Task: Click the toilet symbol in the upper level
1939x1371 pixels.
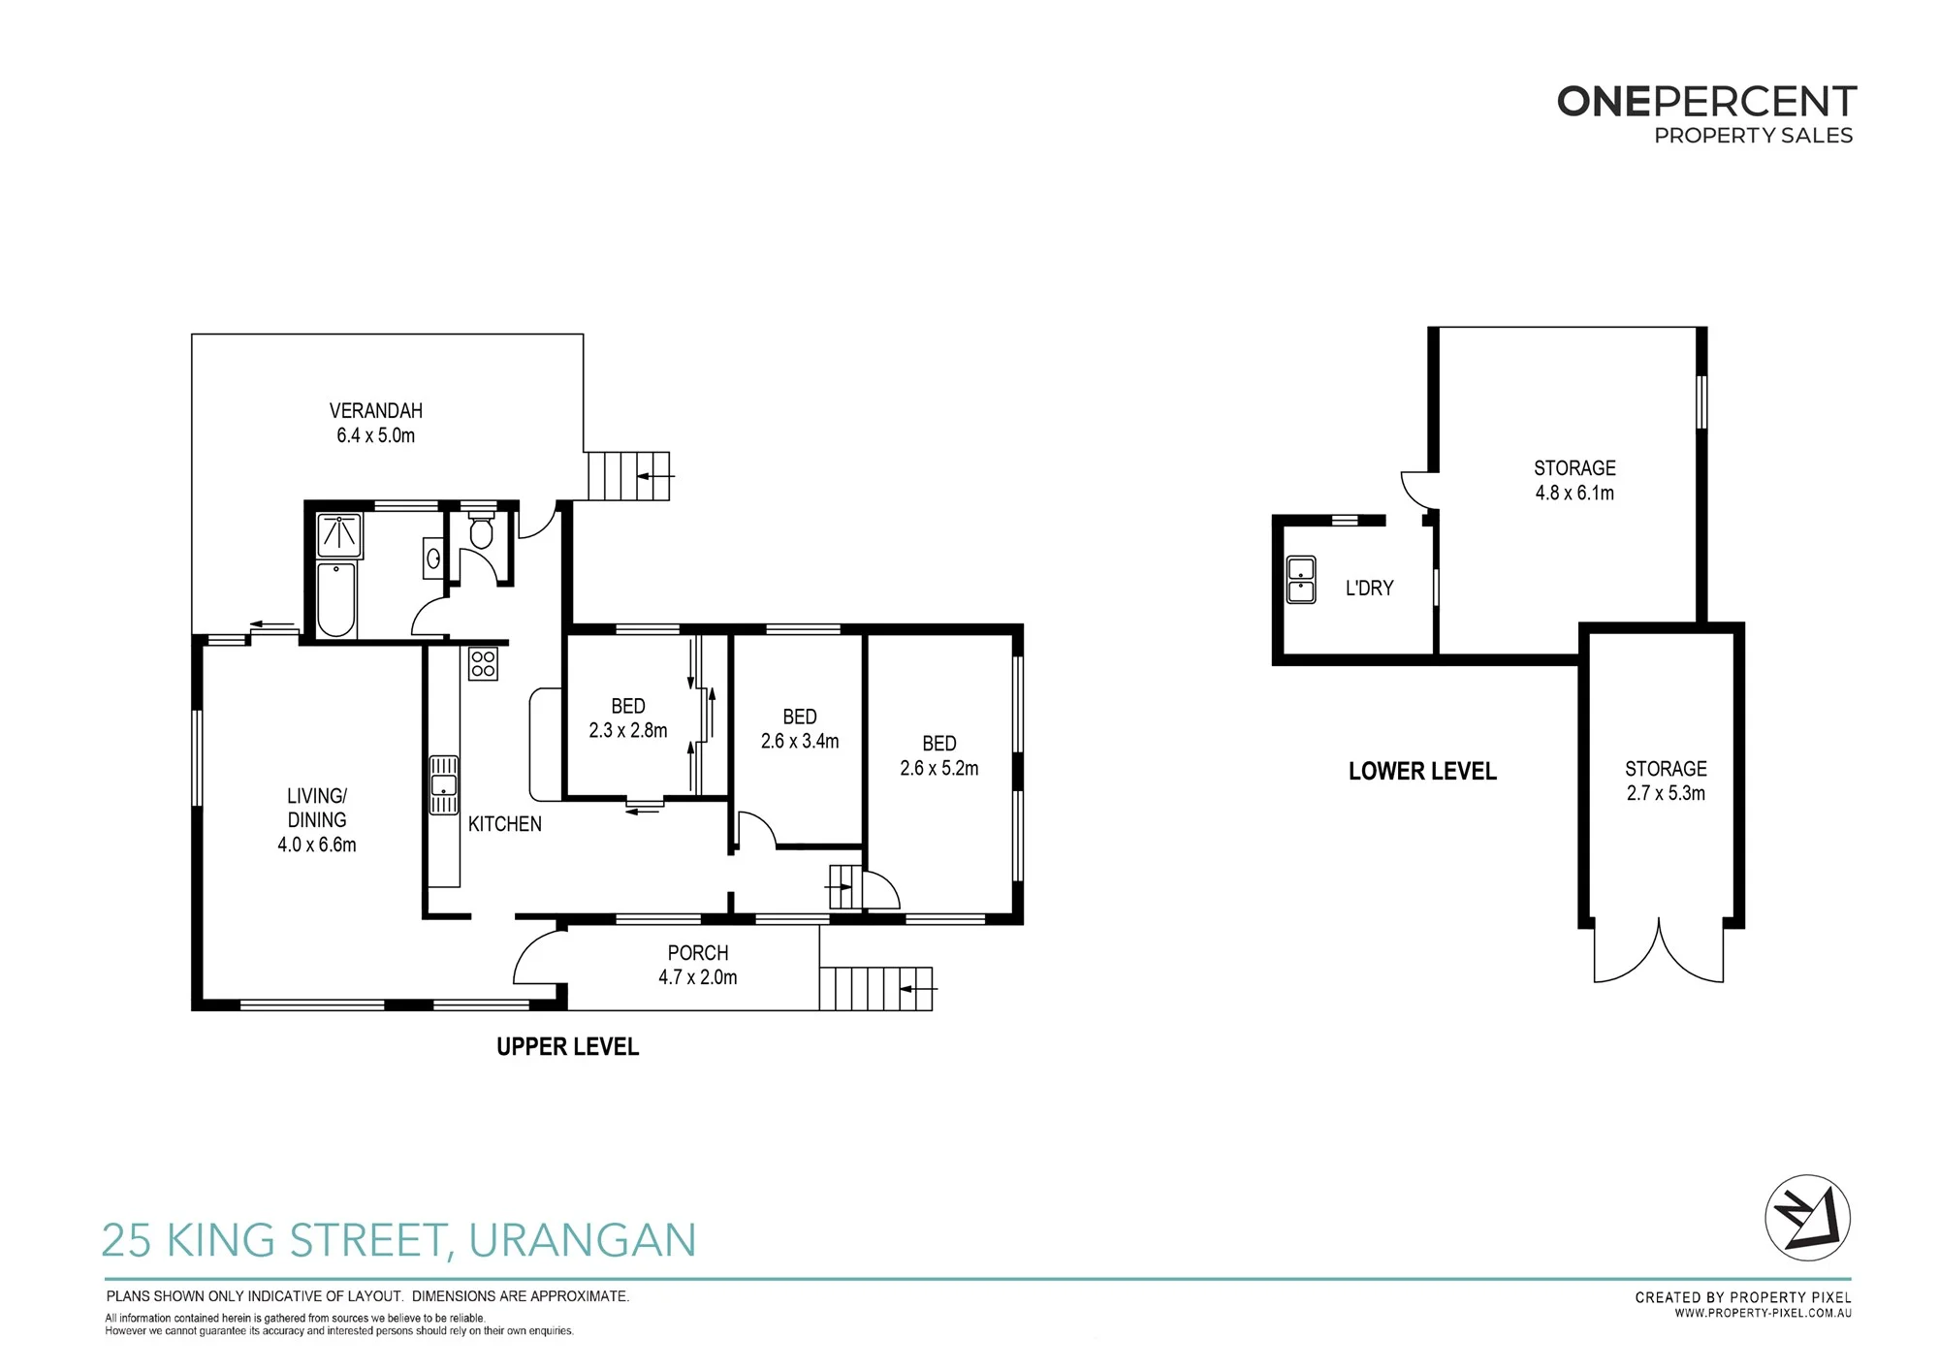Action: coord(481,530)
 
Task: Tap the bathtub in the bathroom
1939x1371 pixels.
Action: coord(336,599)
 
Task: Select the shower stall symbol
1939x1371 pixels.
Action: coord(339,536)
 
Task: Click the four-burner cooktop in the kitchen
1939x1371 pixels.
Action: coord(483,664)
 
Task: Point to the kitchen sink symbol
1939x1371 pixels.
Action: coord(444,785)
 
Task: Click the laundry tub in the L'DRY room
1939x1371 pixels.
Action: coord(1301,580)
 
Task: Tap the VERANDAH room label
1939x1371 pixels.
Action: coord(376,411)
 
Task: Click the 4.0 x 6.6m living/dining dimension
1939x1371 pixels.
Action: coord(317,845)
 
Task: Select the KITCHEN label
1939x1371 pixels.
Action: coord(505,824)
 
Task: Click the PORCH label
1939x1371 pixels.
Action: coord(698,953)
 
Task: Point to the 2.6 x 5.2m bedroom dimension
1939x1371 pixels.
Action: coord(939,768)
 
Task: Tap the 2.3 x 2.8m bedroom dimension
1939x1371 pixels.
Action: coord(628,730)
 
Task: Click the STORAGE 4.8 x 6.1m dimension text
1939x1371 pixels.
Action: coord(1574,493)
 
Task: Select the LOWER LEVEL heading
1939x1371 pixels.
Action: coord(1422,772)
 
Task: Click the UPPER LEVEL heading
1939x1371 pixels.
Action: coord(568,1047)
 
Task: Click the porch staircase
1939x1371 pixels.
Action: coord(876,989)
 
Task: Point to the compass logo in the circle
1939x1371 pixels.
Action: coord(1807,1218)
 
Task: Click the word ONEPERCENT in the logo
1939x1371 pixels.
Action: coord(1706,102)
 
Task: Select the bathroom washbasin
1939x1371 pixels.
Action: coord(434,558)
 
